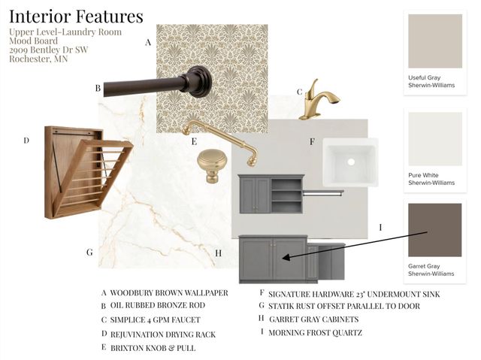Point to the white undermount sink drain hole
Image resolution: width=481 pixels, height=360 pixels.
pyautogui.click(x=351, y=162)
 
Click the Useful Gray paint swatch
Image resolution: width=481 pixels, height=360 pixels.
pyautogui.click(x=435, y=41)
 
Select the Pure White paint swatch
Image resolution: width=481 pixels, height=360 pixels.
pyautogui.click(x=435, y=139)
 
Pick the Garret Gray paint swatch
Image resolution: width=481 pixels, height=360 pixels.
pyautogui.click(x=434, y=230)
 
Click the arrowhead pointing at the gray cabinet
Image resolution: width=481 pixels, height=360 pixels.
pyautogui.click(x=286, y=257)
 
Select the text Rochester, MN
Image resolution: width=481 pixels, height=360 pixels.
pyautogui.click(x=38, y=59)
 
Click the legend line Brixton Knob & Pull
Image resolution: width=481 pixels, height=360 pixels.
pyautogui.click(x=153, y=348)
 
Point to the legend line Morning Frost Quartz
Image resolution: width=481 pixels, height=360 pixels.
pyautogui.click(x=316, y=333)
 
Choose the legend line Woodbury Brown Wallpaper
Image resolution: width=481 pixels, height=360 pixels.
pyautogui.click(x=169, y=293)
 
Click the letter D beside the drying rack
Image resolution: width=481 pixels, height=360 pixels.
pyautogui.click(x=26, y=141)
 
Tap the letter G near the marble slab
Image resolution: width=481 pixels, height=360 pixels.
pyautogui.click(x=89, y=253)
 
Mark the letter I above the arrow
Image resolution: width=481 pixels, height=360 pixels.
pyautogui.click(x=381, y=227)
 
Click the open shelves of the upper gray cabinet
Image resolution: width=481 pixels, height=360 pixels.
pyautogui.click(x=286, y=195)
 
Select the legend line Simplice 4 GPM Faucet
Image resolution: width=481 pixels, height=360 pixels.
pyautogui.click(x=156, y=320)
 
